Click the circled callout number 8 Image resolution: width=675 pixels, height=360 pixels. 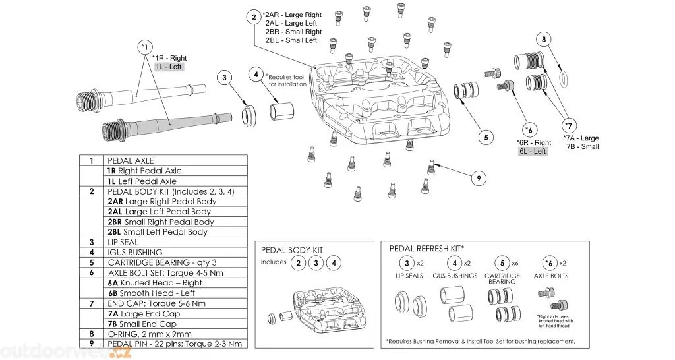[543, 39]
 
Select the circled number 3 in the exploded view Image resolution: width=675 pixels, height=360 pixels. [224, 78]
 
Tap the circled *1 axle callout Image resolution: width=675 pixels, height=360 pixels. [145, 47]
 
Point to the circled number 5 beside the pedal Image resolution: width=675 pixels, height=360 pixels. [485, 137]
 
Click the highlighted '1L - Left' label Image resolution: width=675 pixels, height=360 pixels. [169, 67]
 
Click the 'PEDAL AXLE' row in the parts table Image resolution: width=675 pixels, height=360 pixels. [130, 160]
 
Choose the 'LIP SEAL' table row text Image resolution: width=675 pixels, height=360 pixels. [123, 242]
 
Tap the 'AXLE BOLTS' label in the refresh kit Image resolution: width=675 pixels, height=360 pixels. [551, 275]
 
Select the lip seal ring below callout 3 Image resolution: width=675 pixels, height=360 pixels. [249, 116]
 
